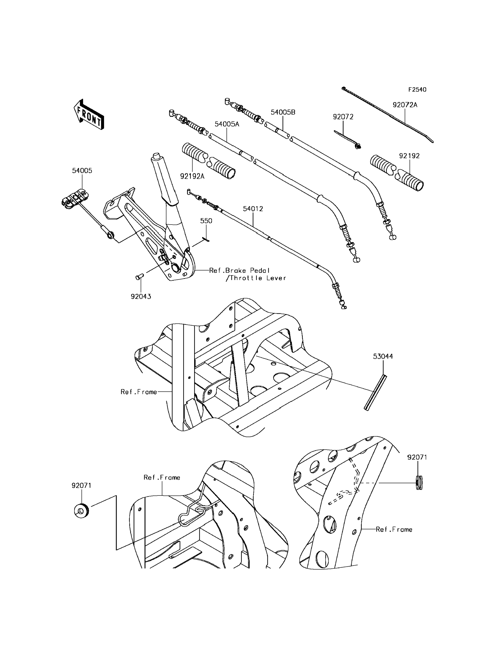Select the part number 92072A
coord(405,105)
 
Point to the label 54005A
coord(227,124)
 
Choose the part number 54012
coord(253,209)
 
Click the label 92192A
coord(192,176)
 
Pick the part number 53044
coord(383,356)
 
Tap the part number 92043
coord(141,297)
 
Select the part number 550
coord(206,221)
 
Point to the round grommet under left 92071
coord(81,511)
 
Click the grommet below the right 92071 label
coord(419,483)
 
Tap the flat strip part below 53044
coord(375,393)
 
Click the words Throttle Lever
coord(258,278)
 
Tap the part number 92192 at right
coord(409,156)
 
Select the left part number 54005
coord(82,171)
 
